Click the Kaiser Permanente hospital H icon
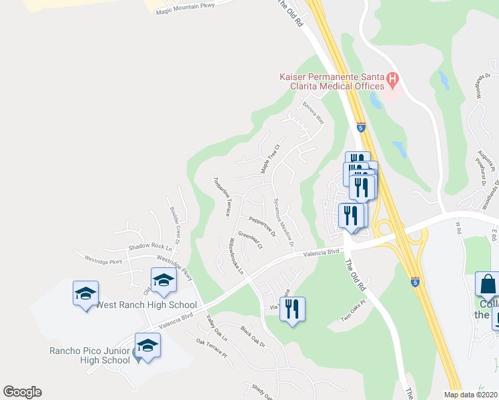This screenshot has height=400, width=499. coord(393,81)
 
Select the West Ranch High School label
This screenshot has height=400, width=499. coord(146,305)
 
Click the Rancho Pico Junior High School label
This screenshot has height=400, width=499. coord(89,355)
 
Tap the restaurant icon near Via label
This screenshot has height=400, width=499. coord(292,309)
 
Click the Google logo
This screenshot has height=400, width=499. coord(22,392)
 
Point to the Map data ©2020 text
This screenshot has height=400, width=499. coord(470,395)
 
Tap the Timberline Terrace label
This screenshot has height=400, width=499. coord(221,196)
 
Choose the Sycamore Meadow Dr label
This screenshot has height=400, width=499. coord(284,221)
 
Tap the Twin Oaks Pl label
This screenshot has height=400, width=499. coord(355,314)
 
